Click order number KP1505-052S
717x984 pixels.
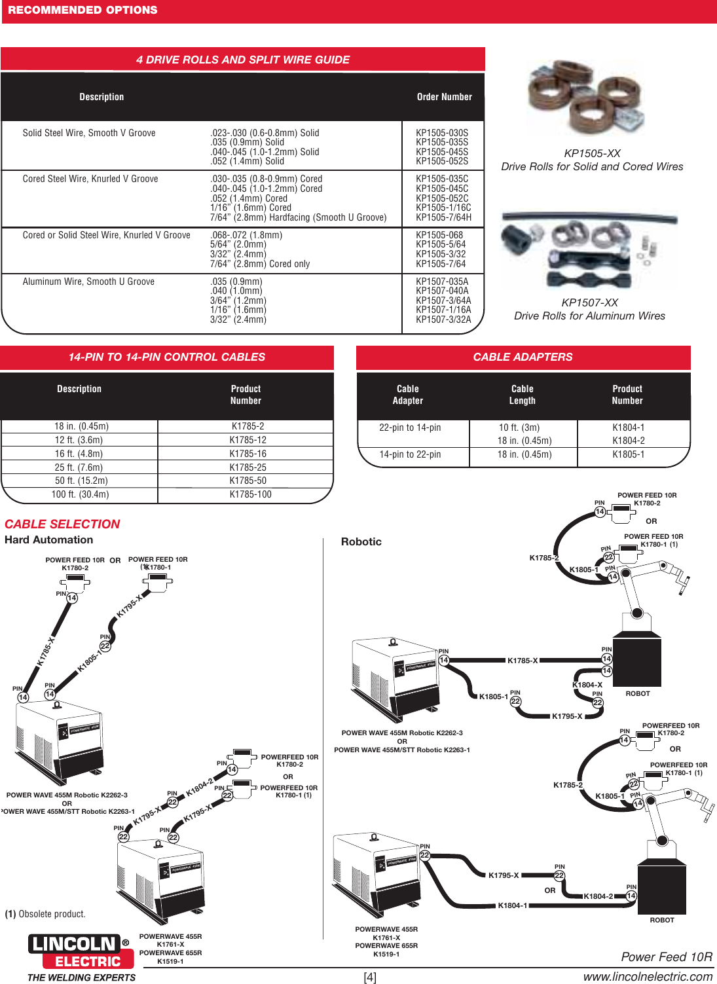[442, 161]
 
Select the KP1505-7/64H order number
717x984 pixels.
[443, 217]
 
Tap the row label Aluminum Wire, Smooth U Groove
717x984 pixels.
[88, 282]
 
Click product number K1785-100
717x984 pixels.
[250, 494]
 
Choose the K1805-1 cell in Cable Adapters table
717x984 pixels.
[628, 454]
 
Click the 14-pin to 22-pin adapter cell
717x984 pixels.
[410, 454]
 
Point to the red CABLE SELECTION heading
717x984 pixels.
[62, 524]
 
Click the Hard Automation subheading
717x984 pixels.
[49, 540]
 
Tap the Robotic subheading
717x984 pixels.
[361, 542]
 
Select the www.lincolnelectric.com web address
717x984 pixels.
[648, 976]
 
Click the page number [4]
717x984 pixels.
[370, 977]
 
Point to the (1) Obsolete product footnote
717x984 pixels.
[45, 914]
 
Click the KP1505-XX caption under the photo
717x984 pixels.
[592, 154]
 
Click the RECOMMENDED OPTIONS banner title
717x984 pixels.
[83, 10]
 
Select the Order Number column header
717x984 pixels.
[444, 97]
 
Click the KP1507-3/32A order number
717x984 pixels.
[443, 319]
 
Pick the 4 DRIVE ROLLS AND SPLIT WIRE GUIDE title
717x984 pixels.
[243, 60]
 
